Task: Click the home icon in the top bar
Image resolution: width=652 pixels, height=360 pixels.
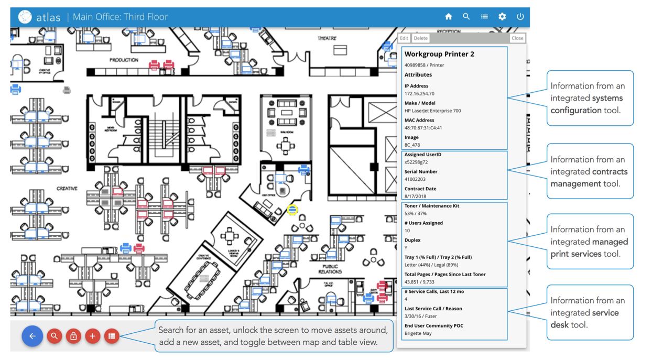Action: tap(448, 17)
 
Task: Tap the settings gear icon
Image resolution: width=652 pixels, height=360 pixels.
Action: tap(502, 17)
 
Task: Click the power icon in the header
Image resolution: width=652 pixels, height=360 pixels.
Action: tap(520, 17)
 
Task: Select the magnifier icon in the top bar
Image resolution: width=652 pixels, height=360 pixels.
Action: tap(466, 17)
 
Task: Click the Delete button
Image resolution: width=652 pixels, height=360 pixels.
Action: tap(420, 38)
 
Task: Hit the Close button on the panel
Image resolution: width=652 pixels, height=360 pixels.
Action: tap(517, 38)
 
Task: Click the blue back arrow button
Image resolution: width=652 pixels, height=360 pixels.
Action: tap(32, 336)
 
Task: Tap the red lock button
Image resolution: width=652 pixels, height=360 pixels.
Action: tap(73, 336)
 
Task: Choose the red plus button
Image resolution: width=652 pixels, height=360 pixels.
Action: tap(93, 336)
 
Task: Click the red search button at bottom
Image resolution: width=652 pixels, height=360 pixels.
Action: tap(54, 336)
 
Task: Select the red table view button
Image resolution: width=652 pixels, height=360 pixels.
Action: tap(112, 336)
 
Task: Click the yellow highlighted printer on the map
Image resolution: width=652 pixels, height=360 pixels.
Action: tap(292, 210)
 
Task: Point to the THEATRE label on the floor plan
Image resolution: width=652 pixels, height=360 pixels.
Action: tap(327, 38)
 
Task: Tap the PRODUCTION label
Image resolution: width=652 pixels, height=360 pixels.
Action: tap(124, 60)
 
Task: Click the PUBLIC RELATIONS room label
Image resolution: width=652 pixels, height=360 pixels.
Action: tap(330, 269)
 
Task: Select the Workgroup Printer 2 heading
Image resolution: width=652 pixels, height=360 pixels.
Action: tap(439, 54)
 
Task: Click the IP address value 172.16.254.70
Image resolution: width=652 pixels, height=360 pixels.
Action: tap(419, 94)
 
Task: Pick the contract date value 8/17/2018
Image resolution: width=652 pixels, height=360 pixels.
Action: tap(415, 197)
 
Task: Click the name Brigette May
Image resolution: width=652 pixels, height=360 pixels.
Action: tap(418, 333)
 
